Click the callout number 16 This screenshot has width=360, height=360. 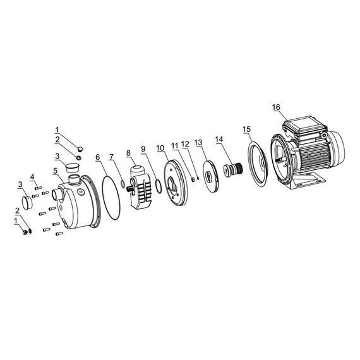(276, 107)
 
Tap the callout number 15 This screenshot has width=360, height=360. (247, 129)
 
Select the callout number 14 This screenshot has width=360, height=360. (219, 139)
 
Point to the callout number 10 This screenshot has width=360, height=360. (160, 148)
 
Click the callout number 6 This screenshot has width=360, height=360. (98, 157)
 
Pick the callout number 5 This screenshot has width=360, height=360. (55, 171)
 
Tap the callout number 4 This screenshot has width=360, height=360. (32, 177)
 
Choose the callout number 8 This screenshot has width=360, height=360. (128, 153)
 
